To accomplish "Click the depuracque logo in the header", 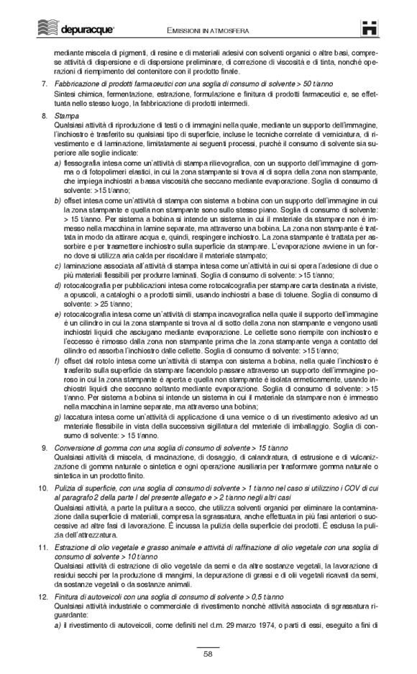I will [68, 27].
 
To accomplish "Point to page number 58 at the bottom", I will [208, 654].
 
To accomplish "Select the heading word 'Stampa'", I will [67, 115].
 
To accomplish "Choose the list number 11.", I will [42, 549].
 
